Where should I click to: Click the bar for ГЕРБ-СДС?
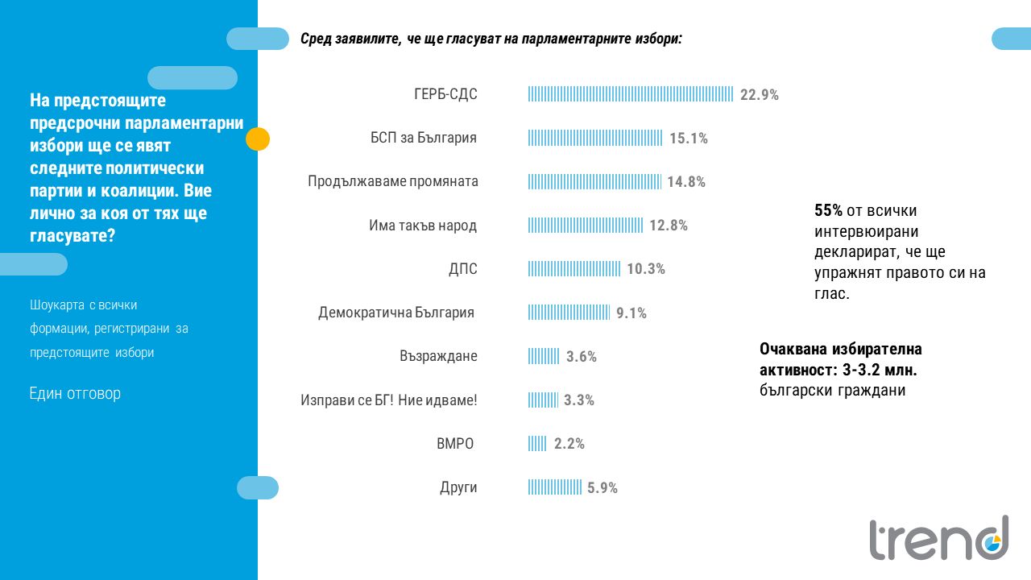pos(631,94)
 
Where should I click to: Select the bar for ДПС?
pos(574,268)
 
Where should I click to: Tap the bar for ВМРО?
pos(537,443)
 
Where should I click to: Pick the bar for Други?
pos(555,487)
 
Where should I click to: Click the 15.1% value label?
pos(689,139)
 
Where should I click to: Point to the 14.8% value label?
pos(686,182)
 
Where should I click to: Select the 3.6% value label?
pos(582,356)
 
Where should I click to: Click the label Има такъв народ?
pos(423,226)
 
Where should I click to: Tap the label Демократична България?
pos(396,313)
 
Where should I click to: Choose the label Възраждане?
pos(438,356)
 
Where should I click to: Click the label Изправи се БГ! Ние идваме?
pos(389,400)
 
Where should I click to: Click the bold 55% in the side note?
pos(828,211)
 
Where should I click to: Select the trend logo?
pos(938,538)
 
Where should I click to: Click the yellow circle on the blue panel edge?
pos(257,139)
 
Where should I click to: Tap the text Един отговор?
pos(75,394)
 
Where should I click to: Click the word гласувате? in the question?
pos(72,236)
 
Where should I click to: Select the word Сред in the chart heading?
pos(315,39)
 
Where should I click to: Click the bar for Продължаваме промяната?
pos(594,181)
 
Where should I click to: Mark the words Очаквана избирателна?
pos(840,350)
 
